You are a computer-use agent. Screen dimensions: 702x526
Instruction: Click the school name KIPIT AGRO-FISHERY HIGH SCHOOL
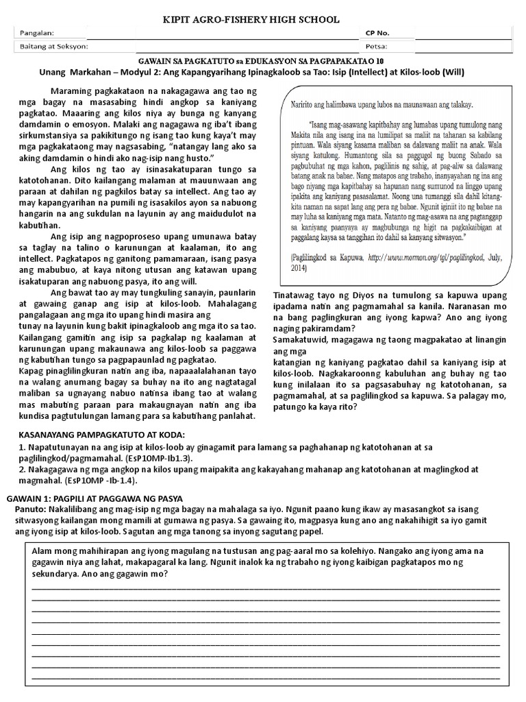(263, 20)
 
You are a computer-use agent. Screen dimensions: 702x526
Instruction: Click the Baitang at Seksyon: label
(55, 47)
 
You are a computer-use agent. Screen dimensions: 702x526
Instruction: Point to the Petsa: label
(377, 47)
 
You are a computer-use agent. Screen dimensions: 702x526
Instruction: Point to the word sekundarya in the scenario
(58, 573)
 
